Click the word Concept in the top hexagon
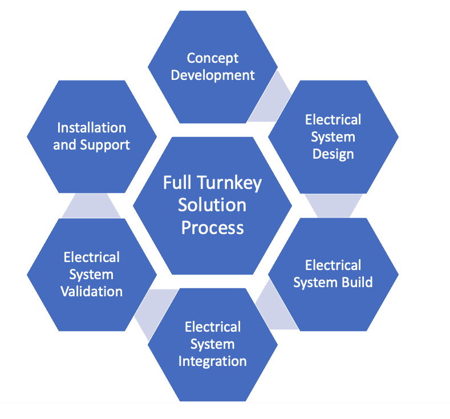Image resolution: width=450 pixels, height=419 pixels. click(213, 58)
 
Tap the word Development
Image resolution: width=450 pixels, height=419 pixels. click(213, 75)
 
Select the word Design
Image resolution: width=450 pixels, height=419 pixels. click(333, 154)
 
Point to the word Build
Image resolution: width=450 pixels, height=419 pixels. click(357, 282)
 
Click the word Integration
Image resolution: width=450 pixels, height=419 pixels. click(212, 361)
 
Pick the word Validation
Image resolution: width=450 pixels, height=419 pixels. click(91, 291)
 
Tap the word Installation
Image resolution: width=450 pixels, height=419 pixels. click(91, 127)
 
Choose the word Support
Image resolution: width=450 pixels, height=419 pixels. click(104, 145)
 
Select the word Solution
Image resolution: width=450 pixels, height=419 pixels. click(212, 204)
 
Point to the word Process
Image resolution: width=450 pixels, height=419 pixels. click(212, 227)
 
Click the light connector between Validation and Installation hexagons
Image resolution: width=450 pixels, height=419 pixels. click(91, 206)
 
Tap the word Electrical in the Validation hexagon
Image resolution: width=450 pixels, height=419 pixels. click(91, 257)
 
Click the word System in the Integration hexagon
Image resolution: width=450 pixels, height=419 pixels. click(212, 344)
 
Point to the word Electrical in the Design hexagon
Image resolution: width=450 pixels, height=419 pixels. click(333, 120)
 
